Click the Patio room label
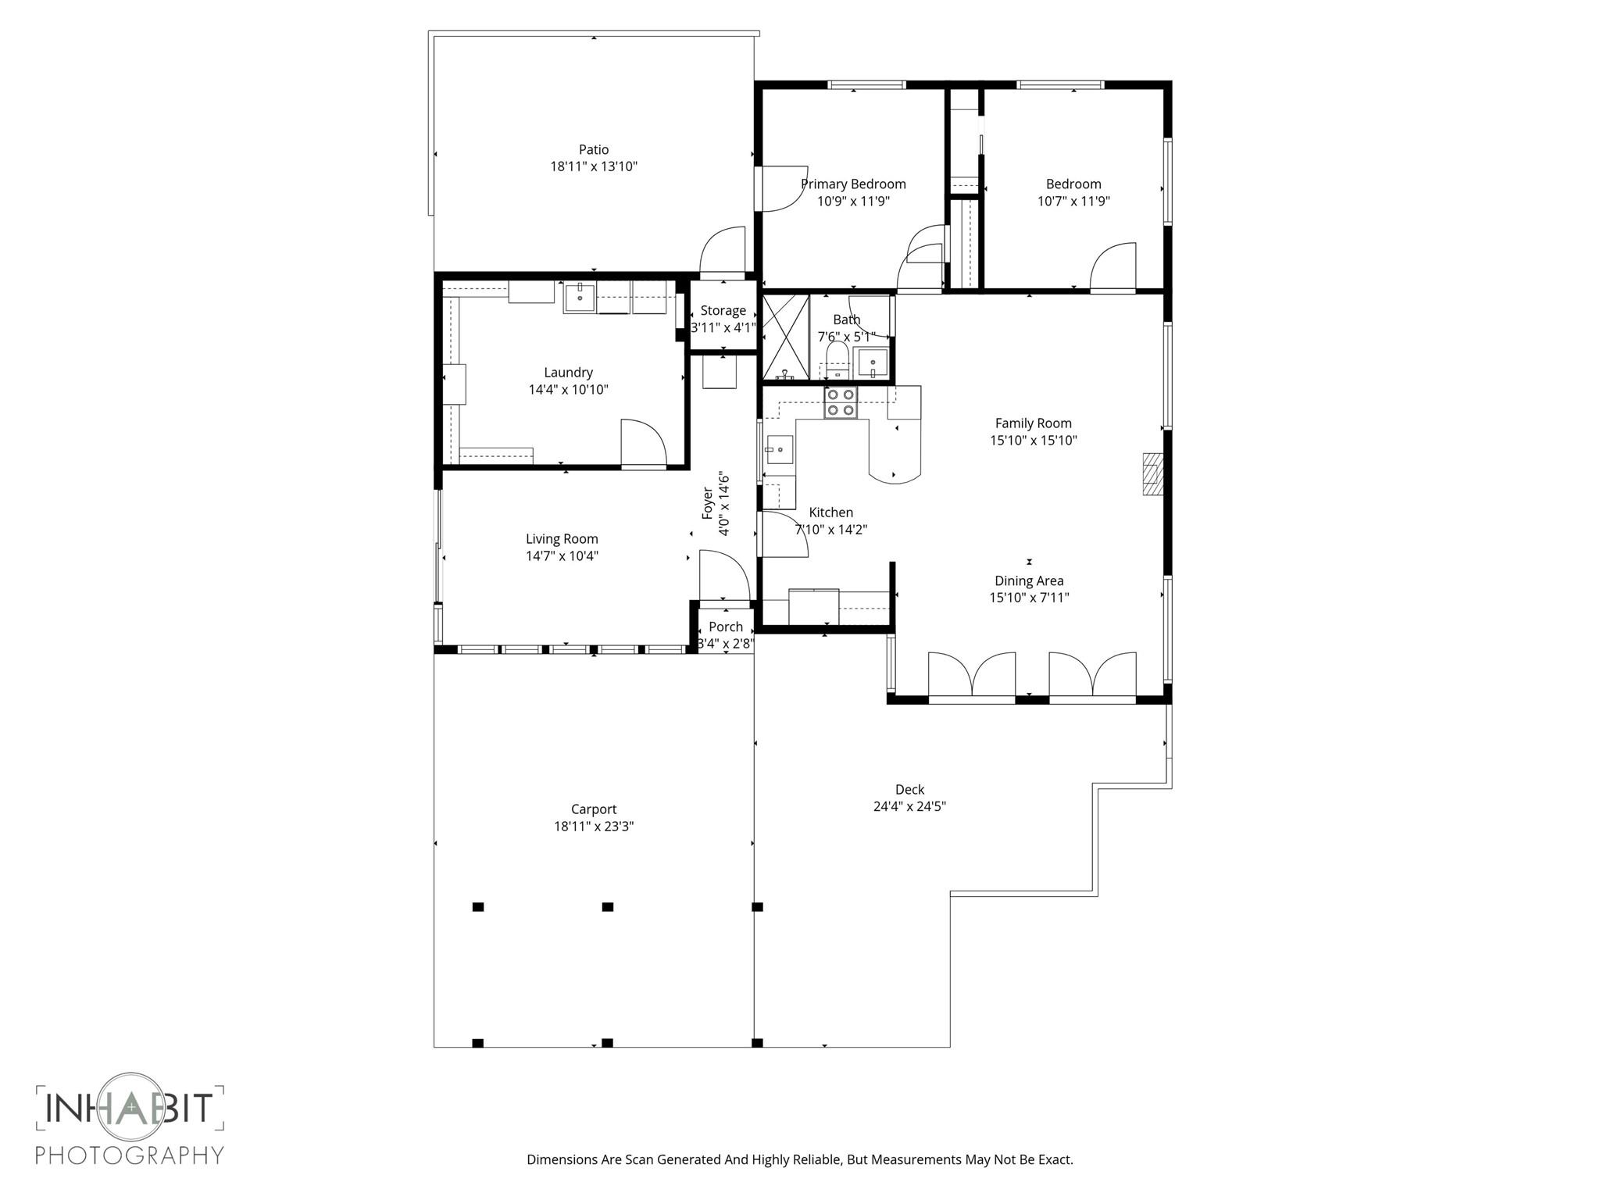594,149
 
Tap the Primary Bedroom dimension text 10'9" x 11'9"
853,202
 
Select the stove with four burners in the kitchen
841,402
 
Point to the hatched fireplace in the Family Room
1152,474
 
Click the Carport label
594,809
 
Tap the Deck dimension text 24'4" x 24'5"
909,806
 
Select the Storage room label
723,310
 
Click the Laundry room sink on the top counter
580,297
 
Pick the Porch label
726,627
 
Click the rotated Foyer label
708,503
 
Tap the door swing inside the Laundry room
642,443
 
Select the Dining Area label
1029,580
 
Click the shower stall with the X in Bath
784,336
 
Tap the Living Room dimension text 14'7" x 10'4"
562,556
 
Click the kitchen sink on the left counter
779,450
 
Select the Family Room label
1033,423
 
